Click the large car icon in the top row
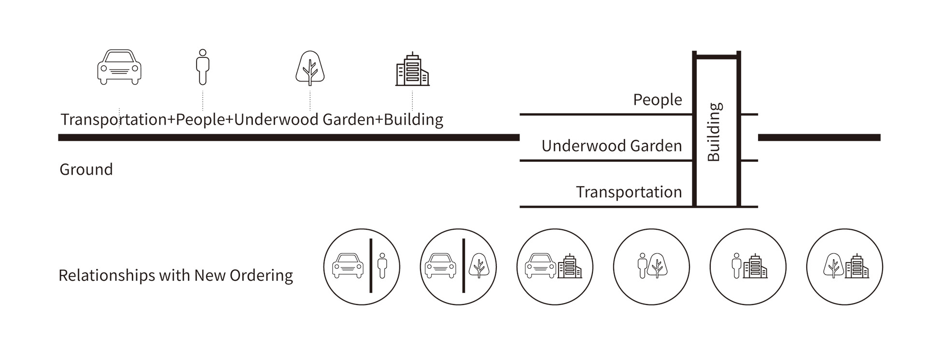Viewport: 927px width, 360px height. pos(119,67)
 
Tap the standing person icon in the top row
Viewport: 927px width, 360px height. pos(203,67)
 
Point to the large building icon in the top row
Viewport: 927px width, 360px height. pos(412,69)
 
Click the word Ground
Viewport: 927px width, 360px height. pos(86,169)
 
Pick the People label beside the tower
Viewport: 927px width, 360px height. pos(658,100)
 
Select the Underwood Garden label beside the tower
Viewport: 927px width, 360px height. pos(611,146)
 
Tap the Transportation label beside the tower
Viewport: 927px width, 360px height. pos(629,192)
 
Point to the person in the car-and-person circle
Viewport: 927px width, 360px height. pos(382,265)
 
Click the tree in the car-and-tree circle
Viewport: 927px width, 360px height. pos(479,265)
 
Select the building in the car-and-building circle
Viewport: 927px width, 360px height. pos(570,266)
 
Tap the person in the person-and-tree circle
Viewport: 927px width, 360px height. pos(642,266)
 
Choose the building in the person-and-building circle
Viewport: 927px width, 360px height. pos(755,266)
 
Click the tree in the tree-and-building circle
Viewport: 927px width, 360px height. pos(833,266)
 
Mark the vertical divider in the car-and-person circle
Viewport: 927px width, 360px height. pos(371,266)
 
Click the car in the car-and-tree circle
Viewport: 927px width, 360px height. pos(440,266)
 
